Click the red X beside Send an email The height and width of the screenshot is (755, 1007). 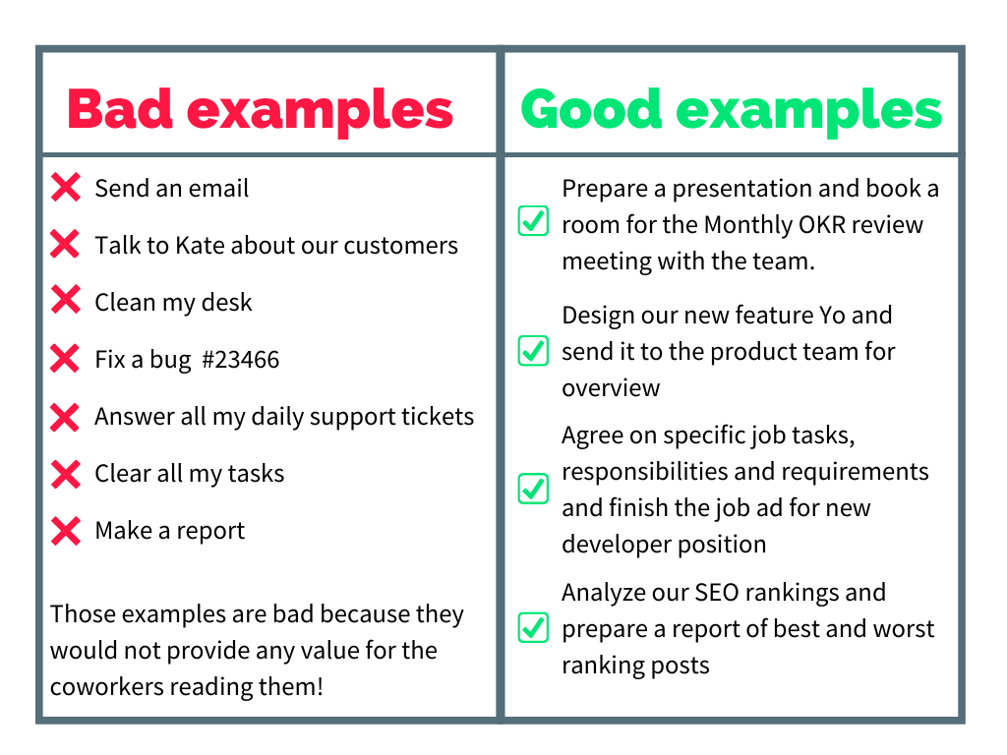pyautogui.click(x=66, y=188)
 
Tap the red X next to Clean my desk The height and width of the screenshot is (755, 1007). pyautogui.click(x=66, y=300)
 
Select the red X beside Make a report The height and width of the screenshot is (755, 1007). pyautogui.click(x=66, y=531)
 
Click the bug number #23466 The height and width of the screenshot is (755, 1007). pyautogui.click(x=240, y=360)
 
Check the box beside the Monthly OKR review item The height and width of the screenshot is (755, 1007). pyautogui.click(x=533, y=221)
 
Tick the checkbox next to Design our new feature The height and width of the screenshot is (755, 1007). pyautogui.click(x=533, y=351)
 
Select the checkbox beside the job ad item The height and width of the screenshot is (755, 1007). pyautogui.click(x=533, y=489)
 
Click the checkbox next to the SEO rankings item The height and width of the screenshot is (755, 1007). pyautogui.click(x=533, y=627)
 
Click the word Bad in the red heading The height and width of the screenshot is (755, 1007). pyautogui.click(x=120, y=109)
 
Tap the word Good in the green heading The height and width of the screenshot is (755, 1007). pyautogui.click(x=591, y=109)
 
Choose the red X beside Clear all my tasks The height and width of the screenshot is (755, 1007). pyautogui.click(x=66, y=475)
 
